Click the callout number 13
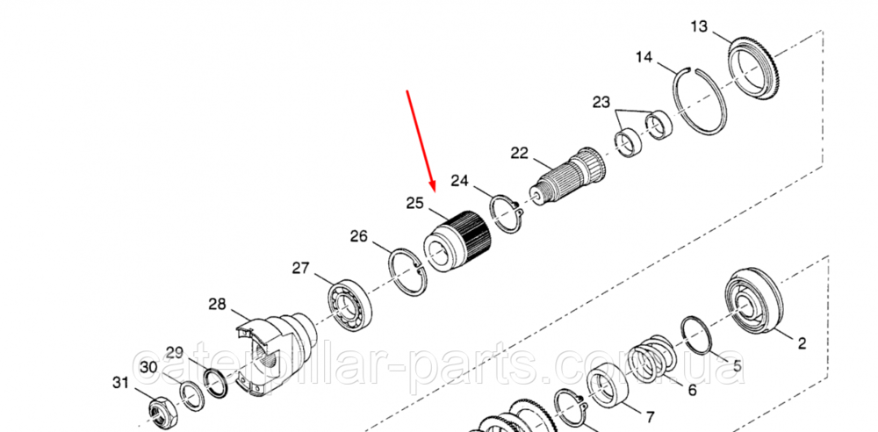point(699,26)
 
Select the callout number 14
point(644,58)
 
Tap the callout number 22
point(520,153)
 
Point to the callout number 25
point(414,204)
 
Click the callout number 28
point(218,304)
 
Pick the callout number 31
point(119,382)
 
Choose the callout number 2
point(801,342)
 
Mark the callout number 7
point(649,416)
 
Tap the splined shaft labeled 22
point(566,175)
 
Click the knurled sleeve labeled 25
point(457,241)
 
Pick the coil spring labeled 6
point(652,358)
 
